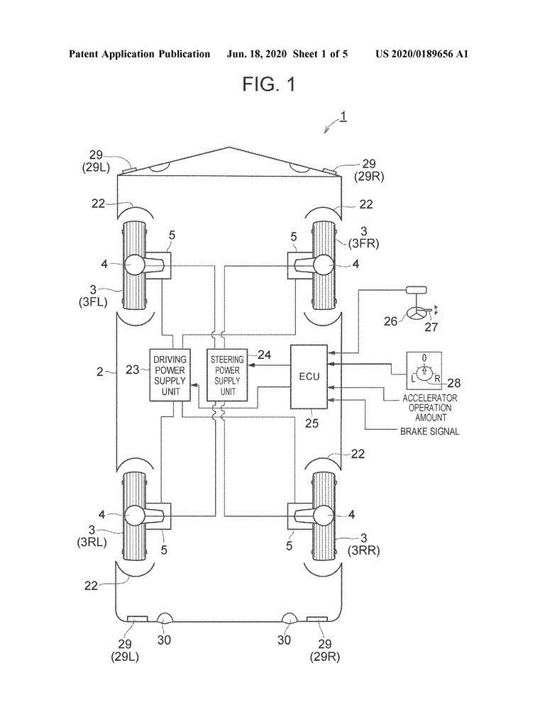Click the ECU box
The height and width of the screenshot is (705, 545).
pos(309,377)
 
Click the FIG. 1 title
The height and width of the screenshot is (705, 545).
pos(268,84)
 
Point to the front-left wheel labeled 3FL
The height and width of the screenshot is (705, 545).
pos(135,264)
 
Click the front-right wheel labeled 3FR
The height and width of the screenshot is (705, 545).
pos(324,264)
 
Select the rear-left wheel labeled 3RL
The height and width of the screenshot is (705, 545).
pos(135,515)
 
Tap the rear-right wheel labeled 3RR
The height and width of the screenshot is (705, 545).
pos(324,515)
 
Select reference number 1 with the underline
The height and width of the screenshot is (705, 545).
pos(343,116)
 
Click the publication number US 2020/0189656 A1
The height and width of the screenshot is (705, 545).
pos(422,54)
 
